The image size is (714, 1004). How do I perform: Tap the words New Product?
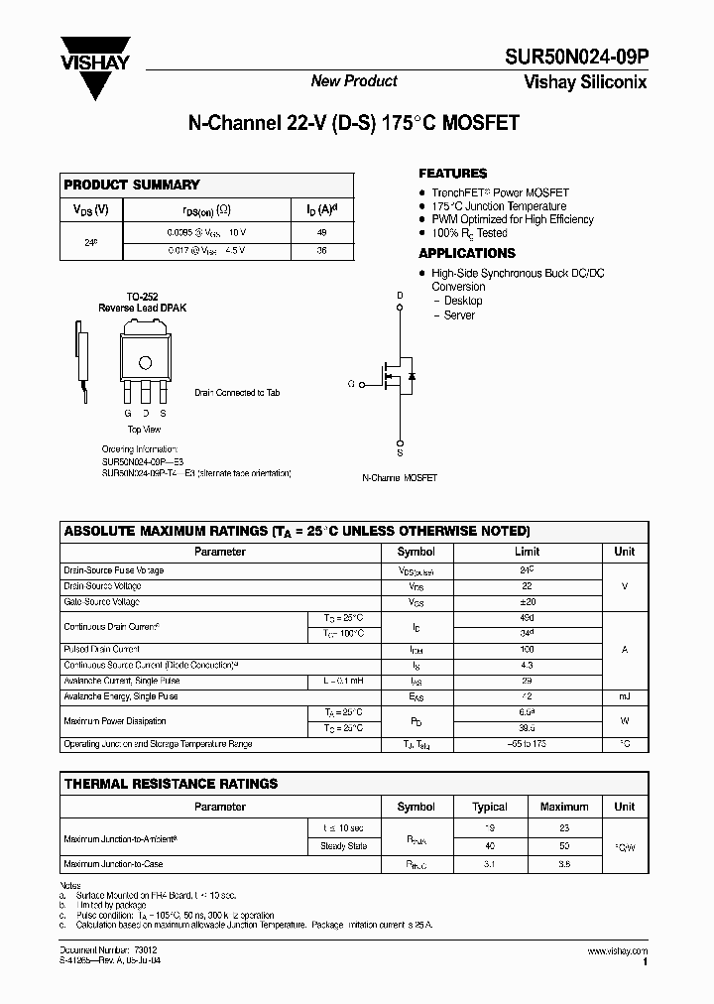tap(354, 81)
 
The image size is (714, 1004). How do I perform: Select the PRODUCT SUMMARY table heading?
tap(132, 185)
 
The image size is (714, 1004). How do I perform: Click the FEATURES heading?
tap(453, 174)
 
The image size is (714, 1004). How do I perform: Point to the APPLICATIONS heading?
tap(467, 254)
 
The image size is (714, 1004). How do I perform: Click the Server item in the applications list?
tap(459, 315)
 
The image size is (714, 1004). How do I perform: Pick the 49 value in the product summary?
tap(320, 232)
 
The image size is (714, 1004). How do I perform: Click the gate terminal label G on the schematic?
tap(351, 383)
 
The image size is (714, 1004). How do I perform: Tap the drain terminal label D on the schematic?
tap(401, 296)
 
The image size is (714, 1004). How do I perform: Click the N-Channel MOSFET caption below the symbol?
tap(400, 478)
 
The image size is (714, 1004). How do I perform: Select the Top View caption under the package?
tap(144, 430)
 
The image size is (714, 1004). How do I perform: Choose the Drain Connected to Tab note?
tap(236, 393)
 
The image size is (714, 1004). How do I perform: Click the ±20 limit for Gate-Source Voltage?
tap(527, 602)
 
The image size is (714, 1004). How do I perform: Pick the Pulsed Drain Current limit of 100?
tap(527, 648)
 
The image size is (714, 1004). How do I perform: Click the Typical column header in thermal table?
tap(490, 807)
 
